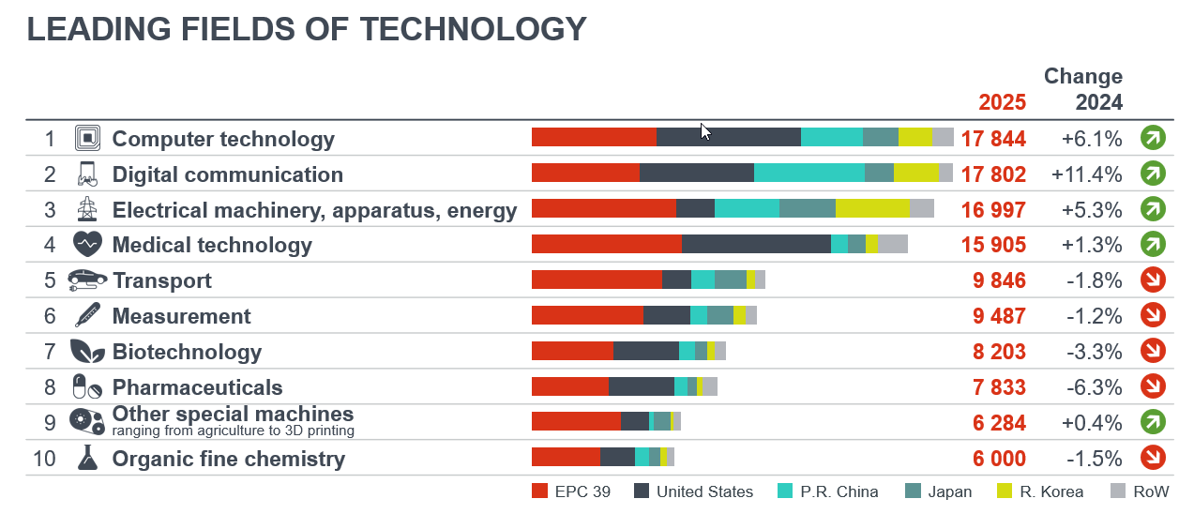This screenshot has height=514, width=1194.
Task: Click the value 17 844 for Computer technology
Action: [993, 139]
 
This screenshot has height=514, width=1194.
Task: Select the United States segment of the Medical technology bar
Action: [756, 244]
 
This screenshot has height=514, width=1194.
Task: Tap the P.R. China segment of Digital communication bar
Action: [809, 173]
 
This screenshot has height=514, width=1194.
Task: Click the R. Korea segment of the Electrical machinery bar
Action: [872, 208]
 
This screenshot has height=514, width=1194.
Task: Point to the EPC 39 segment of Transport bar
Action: [597, 280]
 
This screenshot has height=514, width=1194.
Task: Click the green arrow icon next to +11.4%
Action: [1153, 174]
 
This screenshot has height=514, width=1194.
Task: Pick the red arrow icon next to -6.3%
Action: [1153, 385]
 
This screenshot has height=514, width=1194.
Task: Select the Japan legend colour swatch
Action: [913, 491]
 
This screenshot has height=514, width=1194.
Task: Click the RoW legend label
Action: [1151, 491]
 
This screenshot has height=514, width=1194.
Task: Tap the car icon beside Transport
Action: [88, 280]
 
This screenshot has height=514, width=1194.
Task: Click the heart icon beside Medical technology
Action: [87, 245]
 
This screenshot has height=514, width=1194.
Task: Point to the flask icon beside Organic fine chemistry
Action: [87, 458]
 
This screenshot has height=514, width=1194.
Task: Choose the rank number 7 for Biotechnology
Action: [50, 352]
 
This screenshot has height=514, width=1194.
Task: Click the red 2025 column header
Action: [1002, 102]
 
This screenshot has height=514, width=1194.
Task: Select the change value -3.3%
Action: [1094, 352]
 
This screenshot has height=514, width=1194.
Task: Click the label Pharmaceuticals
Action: [197, 387]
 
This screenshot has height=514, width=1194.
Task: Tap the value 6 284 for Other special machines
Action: [999, 423]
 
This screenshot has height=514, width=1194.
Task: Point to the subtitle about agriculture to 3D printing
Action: [233, 431]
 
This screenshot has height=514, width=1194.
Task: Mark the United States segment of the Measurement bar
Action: [666, 315]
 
